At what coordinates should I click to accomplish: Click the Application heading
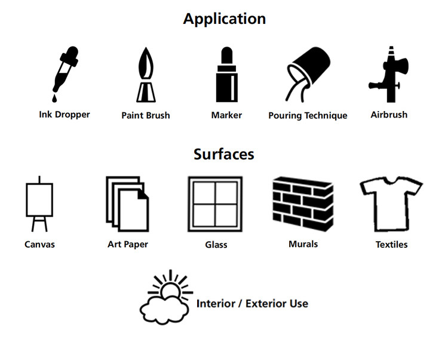225,19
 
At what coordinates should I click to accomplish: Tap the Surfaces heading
224,154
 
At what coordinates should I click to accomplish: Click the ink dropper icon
65,74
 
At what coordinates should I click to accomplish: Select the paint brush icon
146,75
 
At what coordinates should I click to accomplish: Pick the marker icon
227,74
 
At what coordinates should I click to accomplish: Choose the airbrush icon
389,74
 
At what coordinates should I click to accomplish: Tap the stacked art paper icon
127,204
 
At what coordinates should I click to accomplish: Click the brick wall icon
303,204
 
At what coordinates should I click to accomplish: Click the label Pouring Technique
308,116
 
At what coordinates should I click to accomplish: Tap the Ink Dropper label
65,115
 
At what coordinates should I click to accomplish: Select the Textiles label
391,245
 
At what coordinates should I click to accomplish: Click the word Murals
303,244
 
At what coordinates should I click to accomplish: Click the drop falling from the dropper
54,99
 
